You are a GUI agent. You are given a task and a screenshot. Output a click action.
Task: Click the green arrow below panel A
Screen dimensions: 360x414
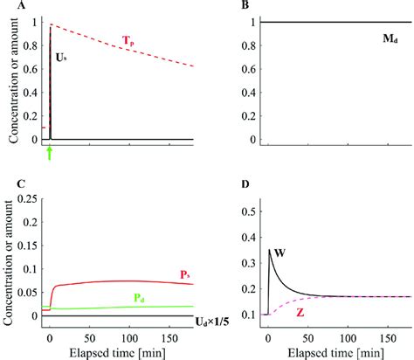coord(50,154)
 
